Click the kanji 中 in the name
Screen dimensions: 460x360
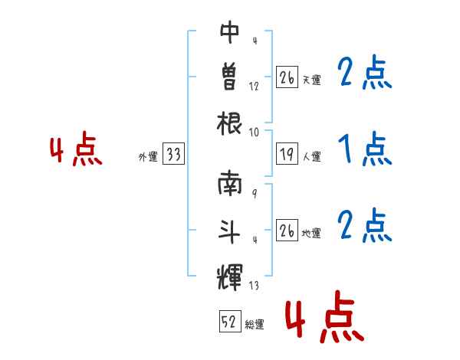click(x=229, y=31)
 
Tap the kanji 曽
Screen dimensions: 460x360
click(x=229, y=77)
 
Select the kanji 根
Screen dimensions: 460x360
click(x=229, y=123)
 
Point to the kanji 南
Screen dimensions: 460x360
click(x=229, y=183)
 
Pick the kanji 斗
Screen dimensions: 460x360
click(x=229, y=231)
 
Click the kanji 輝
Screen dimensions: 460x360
click(x=229, y=277)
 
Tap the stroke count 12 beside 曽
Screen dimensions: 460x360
click(x=254, y=87)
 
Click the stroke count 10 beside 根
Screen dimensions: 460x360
click(x=254, y=133)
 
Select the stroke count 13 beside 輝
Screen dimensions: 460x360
click(x=254, y=285)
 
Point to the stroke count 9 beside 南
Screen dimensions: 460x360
click(x=255, y=193)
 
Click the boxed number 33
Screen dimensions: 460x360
click(x=174, y=153)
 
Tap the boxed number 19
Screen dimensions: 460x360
click(x=287, y=153)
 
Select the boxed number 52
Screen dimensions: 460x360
click(x=230, y=321)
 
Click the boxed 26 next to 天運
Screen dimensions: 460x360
click(x=287, y=77)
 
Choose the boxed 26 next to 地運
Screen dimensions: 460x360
click(x=287, y=230)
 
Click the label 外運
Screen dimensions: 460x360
click(x=148, y=156)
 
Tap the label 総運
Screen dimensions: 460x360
click(x=255, y=325)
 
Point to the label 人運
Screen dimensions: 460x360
click(x=312, y=156)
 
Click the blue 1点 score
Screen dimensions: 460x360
click(x=365, y=149)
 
